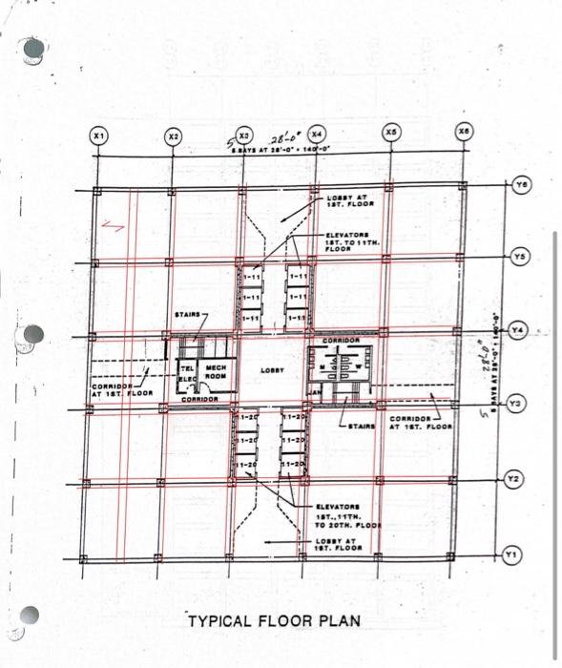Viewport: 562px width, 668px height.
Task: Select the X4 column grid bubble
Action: tap(317, 132)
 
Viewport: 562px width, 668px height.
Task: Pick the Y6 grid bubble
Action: tap(520, 183)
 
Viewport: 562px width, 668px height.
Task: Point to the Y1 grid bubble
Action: tap(512, 553)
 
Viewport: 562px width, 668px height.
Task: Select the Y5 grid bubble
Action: tap(519, 256)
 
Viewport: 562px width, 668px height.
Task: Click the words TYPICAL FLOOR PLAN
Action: tap(274, 621)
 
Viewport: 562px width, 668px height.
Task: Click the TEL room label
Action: tap(187, 368)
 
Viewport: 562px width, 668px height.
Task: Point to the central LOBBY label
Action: tap(269, 369)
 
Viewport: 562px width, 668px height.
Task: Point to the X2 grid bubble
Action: tap(173, 136)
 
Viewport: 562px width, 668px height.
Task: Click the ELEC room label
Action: tap(187, 380)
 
